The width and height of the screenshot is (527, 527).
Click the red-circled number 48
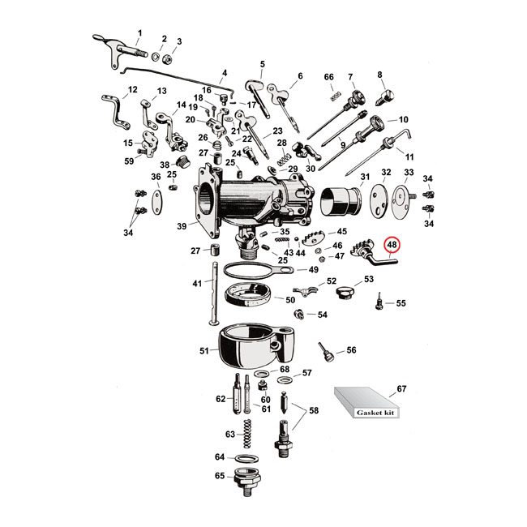tap(392, 245)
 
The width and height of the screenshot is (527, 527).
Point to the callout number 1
tap(139, 33)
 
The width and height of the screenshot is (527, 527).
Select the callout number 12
tap(133, 90)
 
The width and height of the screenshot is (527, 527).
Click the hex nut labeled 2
tap(163, 57)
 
